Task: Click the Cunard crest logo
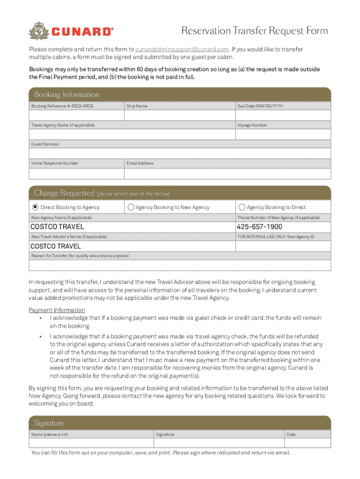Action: point(39,31)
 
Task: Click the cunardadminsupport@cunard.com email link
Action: point(182,49)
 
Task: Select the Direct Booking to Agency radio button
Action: point(35,207)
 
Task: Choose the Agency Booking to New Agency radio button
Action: point(131,207)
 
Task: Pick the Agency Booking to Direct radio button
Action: point(242,207)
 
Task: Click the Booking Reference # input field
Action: point(77,116)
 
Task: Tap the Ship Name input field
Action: point(180,116)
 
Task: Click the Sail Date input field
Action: point(283,116)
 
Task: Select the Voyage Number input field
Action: point(283,135)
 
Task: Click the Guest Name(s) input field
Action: point(180,153)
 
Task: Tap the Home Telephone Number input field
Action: point(77,173)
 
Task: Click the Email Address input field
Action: point(227,173)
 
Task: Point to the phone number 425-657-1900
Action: point(259,227)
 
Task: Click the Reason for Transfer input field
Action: point(180,265)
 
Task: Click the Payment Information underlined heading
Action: point(57,310)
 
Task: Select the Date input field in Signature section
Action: point(307,443)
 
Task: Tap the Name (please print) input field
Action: point(91,443)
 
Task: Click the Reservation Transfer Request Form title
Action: point(254,31)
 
